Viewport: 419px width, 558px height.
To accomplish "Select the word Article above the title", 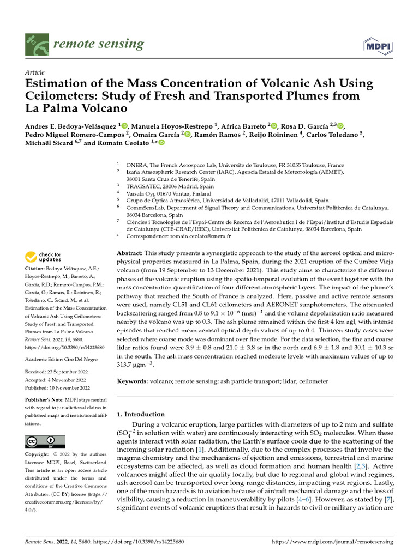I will (x=35, y=72).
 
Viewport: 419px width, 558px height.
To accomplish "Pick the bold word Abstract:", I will (x=130, y=254).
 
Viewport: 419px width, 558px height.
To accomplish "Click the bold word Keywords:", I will (x=134, y=381).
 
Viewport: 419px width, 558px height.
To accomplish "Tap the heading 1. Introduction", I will (x=141, y=414).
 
